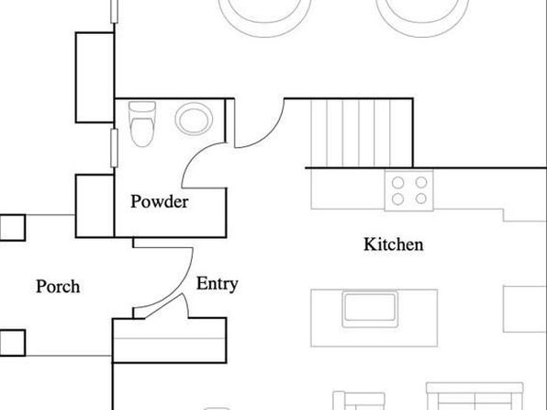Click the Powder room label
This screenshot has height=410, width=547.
(x=160, y=201)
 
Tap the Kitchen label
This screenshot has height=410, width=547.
(x=394, y=245)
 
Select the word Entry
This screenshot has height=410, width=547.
(x=217, y=284)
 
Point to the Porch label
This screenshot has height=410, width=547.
(x=58, y=287)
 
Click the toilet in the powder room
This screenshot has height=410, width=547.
(x=142, y=124)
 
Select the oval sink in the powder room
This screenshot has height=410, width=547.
(x=194, y=119)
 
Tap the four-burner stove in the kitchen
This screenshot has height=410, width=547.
(x=408, y=190)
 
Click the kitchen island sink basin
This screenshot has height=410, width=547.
(x=370, y=308)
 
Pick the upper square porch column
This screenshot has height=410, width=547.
(x=13, y=228)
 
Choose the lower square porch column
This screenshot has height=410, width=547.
(x=13, y=343)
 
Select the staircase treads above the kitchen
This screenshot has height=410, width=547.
(x=362, y=133)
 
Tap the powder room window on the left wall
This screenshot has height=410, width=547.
(x=114, y=148)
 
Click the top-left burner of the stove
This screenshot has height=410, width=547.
(x=397, y=182)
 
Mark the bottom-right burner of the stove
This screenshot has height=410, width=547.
(x=421, y=199)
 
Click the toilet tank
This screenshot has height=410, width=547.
(x=142, y=107)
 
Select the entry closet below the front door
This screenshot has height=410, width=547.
(x=170, y=340)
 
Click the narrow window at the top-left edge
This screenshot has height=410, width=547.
(x=114, y=11)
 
